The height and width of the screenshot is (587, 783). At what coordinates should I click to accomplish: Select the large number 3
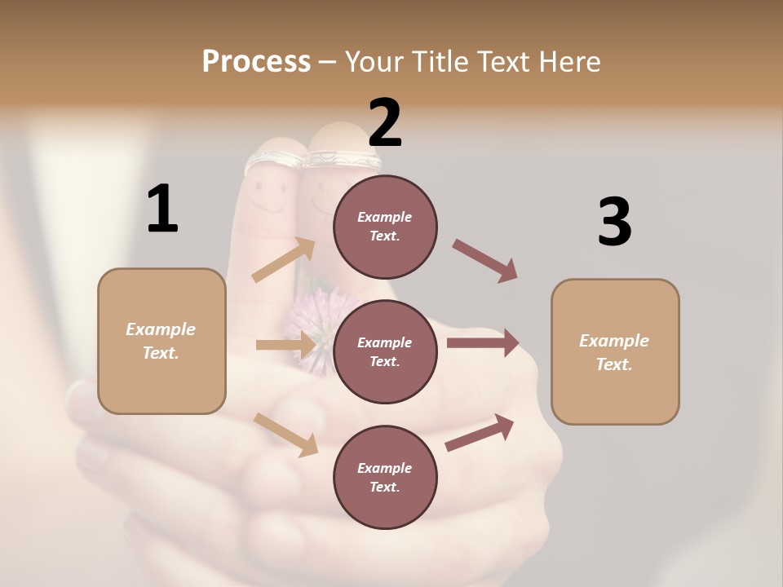[x=614, y=222]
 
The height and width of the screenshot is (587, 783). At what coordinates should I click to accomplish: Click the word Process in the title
[x=256, y=61]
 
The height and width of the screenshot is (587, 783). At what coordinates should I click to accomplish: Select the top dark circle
[x=385, y=227]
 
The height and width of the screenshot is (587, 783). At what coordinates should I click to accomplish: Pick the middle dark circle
[x=385, y=351]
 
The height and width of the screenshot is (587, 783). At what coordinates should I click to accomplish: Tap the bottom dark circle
[x=385, y=477]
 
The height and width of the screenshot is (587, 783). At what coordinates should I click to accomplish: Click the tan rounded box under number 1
[x=161, y=341]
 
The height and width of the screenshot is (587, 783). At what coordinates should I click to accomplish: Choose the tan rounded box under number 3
[x=615, y=351]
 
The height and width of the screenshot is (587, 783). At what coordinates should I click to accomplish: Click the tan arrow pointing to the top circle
[x=284, y=260]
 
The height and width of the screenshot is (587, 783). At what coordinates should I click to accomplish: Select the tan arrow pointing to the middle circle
[x=285, y=346]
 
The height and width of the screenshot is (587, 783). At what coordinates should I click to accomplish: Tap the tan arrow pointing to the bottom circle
[x=285, y=435]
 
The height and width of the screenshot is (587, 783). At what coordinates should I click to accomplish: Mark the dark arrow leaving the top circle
[x=484, y=260]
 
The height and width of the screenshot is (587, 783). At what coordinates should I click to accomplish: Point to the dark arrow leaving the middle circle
[x=483, y=343]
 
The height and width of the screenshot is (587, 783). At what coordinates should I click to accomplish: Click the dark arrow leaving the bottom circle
[x=480, y=432]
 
